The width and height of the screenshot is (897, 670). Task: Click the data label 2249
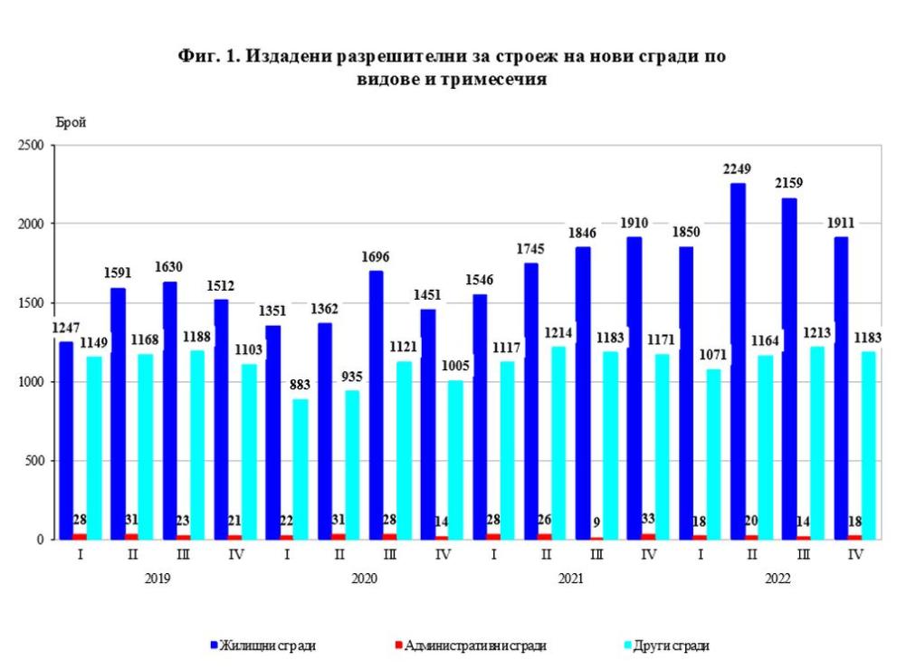(x=739, y=168)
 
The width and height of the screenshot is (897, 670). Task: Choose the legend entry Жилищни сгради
(x=268, y=646)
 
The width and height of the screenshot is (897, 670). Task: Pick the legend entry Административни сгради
(x=474, y=646)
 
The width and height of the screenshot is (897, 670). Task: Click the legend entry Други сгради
(x=671, y=646)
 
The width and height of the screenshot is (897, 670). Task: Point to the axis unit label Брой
(x=71, y=123)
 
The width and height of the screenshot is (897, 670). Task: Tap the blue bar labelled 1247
(x=66, y=440)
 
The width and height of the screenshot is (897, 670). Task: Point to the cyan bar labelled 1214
(x=558, y=443)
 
